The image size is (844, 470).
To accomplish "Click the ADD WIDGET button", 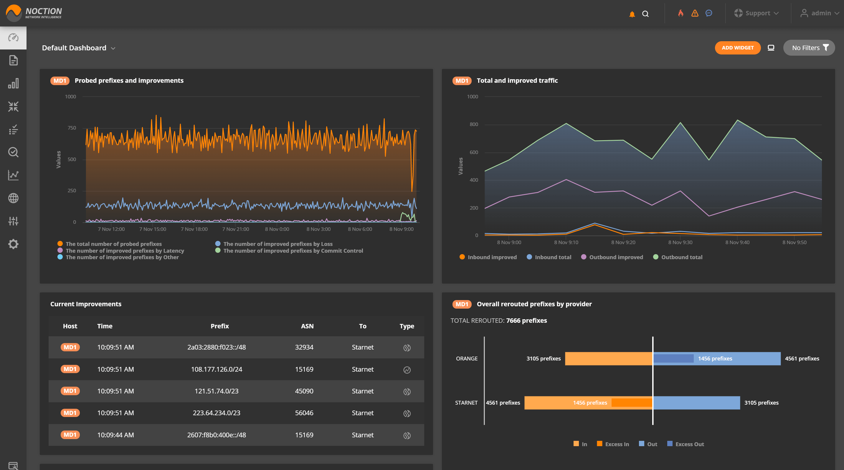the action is [x=738, y=48].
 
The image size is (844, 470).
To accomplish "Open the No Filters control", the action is [x=809, y=48].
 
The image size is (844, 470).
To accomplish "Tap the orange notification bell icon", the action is [x=632, y=14].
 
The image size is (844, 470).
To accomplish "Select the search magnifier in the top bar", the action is [x=645, y=14].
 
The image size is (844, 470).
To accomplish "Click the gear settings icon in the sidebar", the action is [x=13, y=244].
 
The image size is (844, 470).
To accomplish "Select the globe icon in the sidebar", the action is [x=13, y=198].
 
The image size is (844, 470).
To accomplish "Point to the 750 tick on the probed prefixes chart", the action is [x=72, y=128].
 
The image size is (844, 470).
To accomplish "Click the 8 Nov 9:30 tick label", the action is [x=680, y=242].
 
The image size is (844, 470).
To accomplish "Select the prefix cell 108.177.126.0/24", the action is [x=217, y=369].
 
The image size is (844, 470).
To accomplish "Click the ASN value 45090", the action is [x=304, y=391].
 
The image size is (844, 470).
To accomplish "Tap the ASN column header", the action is [x=307, y=326].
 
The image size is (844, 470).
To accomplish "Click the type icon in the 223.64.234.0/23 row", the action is [x=407, y=413].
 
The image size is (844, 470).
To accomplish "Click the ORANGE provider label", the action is [x=467, y=358].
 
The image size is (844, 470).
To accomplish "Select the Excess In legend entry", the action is [x=613, y=444].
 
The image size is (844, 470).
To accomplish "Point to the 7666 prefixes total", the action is [x=526, y=320].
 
